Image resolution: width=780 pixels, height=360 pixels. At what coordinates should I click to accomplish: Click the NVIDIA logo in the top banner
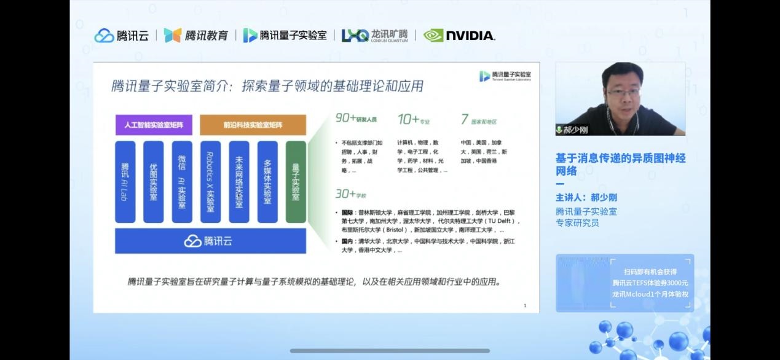tap(459, 36)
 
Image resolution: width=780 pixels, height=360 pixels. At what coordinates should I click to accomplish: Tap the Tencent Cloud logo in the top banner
tap(122, 36)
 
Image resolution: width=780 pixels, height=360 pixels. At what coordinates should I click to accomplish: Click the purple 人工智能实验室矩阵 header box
tap(154, 125)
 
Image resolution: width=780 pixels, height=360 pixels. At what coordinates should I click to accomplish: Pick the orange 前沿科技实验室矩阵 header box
tap(253, 125)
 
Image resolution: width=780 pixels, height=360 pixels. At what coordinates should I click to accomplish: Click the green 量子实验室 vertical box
tap(296, 182)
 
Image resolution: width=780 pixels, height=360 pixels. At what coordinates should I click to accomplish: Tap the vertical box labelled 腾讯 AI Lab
tap(125, 182)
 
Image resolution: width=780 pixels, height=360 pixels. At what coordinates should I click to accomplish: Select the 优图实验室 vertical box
tap(154, 182)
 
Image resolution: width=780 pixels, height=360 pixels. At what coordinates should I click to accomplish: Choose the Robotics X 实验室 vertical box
tap(210, 182)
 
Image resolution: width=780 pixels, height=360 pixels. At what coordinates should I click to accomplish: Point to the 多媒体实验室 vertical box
tap(267, 182)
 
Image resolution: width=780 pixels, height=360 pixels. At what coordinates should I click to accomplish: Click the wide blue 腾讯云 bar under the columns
tap(210, 241)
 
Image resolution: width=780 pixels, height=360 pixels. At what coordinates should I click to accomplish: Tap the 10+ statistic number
tap(408, 119)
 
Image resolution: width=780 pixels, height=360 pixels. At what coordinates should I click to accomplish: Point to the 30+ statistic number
tap(345, 194)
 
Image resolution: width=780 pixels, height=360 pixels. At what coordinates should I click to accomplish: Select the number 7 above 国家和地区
tap(465, 119)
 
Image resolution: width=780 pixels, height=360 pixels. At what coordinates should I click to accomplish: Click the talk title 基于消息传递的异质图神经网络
tap(620, 164)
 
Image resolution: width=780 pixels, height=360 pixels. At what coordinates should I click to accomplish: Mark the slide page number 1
tap(524, 305)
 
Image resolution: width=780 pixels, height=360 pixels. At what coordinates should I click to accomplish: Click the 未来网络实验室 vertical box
tap(239, 182)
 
